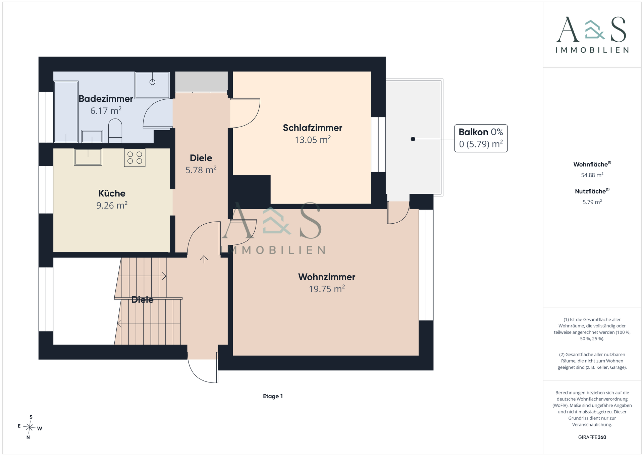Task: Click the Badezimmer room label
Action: pyautogui.click(x=106, y=99)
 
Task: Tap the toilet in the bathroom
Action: pyautogui.click(x=115, y=132)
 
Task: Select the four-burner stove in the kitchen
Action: pyautogui.click(x=135, y=158)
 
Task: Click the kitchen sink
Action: pyautogui.click(x=88, y=157)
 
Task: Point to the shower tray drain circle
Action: pyautogui.click(x=152, y=82)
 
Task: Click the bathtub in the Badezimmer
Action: pyautogui.click(x=66, y=112)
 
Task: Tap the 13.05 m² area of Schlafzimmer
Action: pyautogui.click(x=313, y=140)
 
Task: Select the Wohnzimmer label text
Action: pyautogui.click(x=327, y=277)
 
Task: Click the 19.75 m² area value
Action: pyautogui.click(x=327, y=289)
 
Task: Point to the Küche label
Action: pyautogui.click(x=112, y=193)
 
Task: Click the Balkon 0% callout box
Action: pyautogui.click(x=481, y=138)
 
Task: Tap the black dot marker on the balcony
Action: pyautogui.click(x=413, y=139)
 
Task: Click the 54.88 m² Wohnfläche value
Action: pyautogui.click(x=592, y=175)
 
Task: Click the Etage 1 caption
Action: pyautogui.click(x=273, y=396)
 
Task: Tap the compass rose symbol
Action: pyautogui.click(x=30, y=427)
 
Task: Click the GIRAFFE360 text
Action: pyautogui.click(x=592, y=437)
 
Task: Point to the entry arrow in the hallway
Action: pyautogui.click(x=204, y=259)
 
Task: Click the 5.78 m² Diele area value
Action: pyautogui.click(x=201, y=170)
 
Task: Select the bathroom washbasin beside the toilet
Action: pyautogui.click(x=92, y=137)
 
